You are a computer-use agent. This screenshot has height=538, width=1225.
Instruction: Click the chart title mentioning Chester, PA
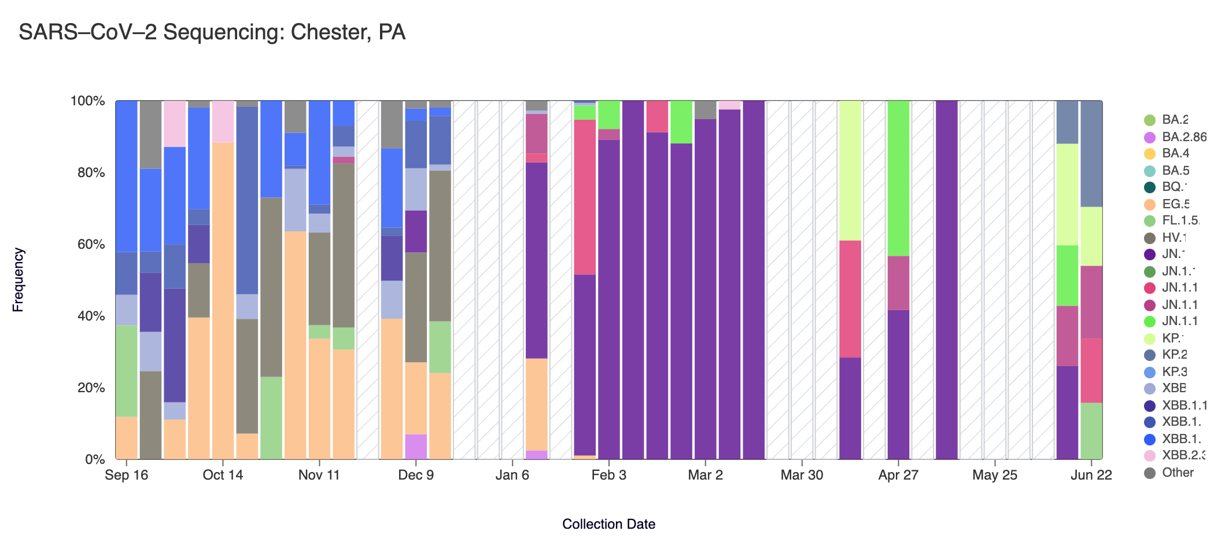tap(212, 32)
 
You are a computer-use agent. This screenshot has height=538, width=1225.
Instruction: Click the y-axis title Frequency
tap(18, 280)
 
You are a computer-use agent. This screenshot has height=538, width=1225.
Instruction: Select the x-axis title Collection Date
tap(608, 524)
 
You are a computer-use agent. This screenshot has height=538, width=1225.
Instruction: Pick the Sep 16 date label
tap(126, 476)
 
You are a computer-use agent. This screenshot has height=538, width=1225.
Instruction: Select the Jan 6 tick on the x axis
tap(512, 476)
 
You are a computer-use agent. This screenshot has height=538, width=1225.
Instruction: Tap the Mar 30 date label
tap(802, 476)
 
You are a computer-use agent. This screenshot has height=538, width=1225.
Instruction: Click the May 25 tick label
tap(994, 476)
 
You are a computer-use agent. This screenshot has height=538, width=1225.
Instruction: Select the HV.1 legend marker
tap(1150, 238)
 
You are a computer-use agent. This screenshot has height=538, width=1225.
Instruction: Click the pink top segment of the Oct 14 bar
tap(223, 121)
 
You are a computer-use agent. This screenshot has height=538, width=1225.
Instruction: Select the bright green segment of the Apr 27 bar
tap(898, 178)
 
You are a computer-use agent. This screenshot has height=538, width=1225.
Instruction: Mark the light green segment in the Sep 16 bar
tap(127, 371)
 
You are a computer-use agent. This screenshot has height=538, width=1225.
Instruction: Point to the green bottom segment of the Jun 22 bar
tap(1091, 431)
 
